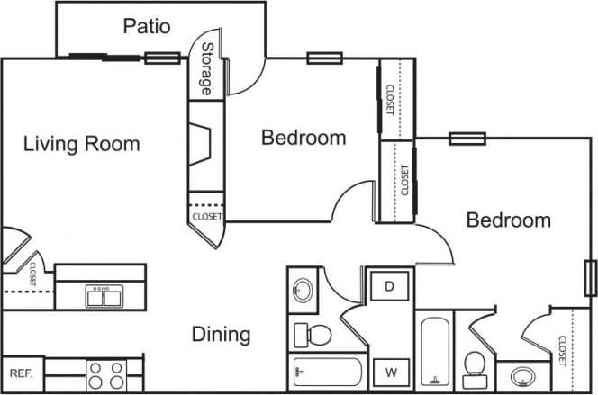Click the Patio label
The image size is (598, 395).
pos(146,26)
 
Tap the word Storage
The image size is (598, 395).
pos(206,69)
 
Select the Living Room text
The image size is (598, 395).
pos(81,143)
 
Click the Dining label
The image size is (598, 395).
pos(221,335)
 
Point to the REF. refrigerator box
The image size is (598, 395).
pos(21,373)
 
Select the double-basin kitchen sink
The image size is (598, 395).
pos(105,295)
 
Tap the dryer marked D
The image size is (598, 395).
pos(390,287)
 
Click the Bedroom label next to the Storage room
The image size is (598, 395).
pos(304,138)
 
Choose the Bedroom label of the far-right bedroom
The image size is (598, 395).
pos(508,220)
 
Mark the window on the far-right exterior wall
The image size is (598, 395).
pos(590,277)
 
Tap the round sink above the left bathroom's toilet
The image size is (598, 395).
pos(303,290)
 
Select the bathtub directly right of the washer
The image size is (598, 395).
pos(435,351)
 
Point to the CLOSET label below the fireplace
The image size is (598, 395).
pos(206,217)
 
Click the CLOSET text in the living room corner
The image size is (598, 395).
pos(31,274)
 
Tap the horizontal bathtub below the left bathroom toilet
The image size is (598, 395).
pos(326,371)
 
